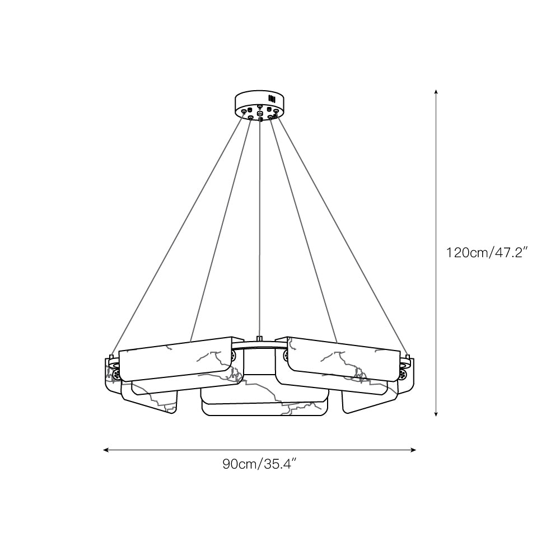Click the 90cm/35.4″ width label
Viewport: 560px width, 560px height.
(259, 464)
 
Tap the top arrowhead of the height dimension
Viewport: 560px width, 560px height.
(436, 91)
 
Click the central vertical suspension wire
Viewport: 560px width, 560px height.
(260, 224)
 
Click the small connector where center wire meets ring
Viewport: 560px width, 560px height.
(259, 338)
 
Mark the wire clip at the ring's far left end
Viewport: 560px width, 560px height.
(111, 356)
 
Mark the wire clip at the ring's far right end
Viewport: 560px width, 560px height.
(408, 356)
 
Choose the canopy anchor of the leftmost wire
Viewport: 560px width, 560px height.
(244, 113)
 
